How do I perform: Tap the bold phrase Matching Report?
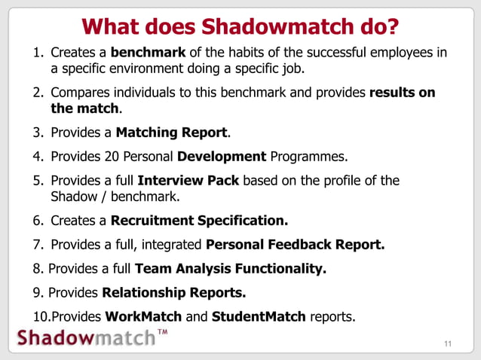171,133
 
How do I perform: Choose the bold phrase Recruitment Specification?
199,221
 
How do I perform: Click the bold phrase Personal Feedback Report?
295,244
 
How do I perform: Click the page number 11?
449,346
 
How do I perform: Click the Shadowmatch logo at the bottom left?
83,337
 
